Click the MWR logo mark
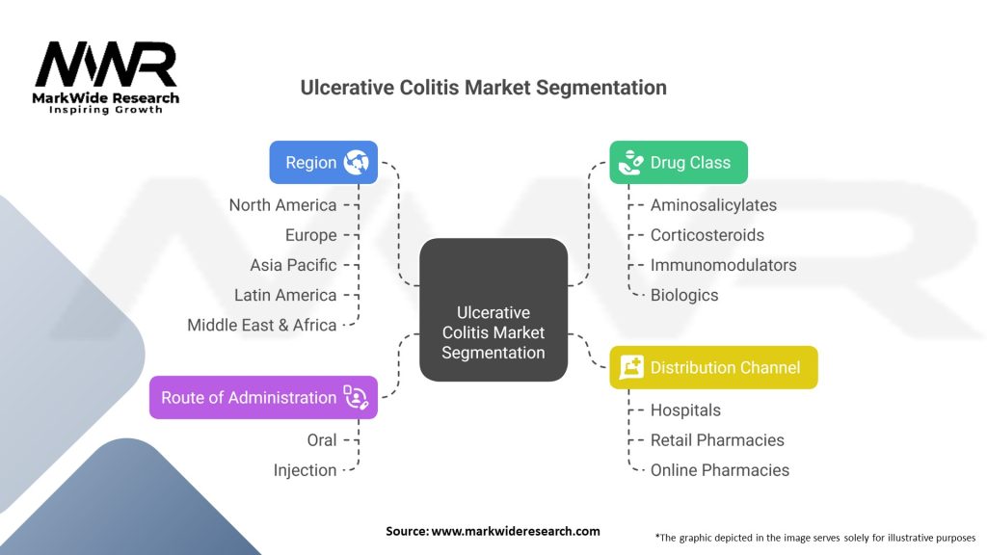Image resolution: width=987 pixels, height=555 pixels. [x=106, y=66]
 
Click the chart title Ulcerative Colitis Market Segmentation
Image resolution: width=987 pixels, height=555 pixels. [x=483, y=88]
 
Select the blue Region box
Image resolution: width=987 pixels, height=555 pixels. [x=323, y=162]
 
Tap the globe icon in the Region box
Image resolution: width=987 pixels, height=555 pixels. [x=356, y=162]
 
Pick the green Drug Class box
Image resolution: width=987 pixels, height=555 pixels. [x=678, y=162]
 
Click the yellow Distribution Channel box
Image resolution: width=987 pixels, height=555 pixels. [x=713, y=367]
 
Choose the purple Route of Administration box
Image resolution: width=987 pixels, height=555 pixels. [x=263, y=397]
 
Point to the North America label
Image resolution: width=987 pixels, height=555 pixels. [x=283, y=205]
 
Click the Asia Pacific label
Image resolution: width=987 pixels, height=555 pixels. [x=294, y=265]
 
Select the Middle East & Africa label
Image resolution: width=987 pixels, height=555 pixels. [x=262, y=325]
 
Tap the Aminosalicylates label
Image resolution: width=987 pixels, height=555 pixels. [x=713, y=205]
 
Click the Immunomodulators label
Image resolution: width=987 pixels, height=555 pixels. [x=724, y=265]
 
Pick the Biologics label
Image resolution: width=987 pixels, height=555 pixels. [x=684, y=295]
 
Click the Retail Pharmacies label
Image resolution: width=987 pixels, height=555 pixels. [x=717, y=440]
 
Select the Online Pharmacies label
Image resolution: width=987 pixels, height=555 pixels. [x=720, y=470]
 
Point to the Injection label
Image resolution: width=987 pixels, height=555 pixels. [x=306, y=470]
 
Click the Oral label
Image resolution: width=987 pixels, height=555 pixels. [x=322, y=440]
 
